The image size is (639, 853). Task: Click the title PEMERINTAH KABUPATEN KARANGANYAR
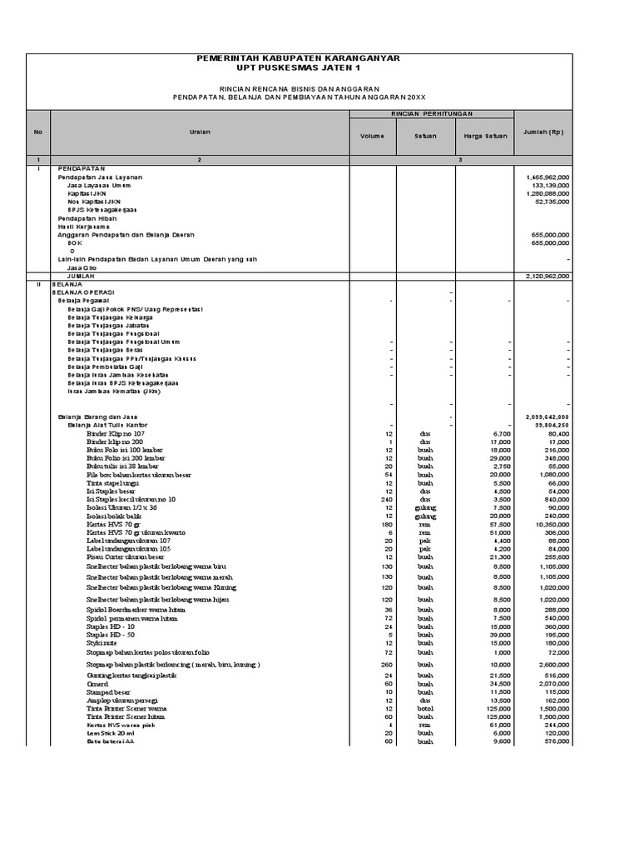[x=297, y=58]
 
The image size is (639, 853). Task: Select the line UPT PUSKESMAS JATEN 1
[x=297, y=68]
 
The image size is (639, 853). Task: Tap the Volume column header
[x=372, y=135]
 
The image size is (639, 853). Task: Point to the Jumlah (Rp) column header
[x=544, y=132]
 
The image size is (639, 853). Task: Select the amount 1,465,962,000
[x=547, y=177]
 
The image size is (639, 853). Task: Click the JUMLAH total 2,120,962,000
[x=547, y=276]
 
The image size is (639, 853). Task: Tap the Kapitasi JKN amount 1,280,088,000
[x=547, y=194]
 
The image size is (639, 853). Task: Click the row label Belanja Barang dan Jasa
[x=97, y=416]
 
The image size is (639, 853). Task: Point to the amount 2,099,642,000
[x=547, y=416]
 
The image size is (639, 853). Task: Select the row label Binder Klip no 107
[x=116, y=433]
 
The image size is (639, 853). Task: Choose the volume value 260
[x=386, y=665]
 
